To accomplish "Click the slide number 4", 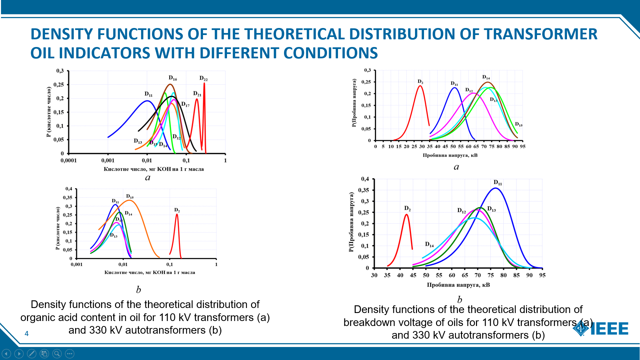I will (x=27, y=334).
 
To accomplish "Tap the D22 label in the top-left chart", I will (x=203, y=78).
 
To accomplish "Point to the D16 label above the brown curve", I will (x=173, y=78).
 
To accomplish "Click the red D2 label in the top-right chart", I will (x=420, y=82).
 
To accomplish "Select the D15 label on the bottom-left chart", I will (x=130, y=196).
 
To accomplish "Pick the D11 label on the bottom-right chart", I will (x=498, y=182).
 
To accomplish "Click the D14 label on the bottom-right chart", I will (x=429, y=244).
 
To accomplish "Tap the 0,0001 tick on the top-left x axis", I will (x=69, y=160).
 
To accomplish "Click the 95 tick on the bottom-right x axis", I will (x=542, y=275).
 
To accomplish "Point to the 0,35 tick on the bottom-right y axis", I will (x=364, y=190).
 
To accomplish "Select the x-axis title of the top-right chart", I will (x=450, y=155).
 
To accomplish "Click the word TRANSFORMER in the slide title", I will (x=540, y=34).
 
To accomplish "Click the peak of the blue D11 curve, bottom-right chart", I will (x=496, y=188).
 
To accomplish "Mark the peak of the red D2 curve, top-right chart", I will (x=420, y=86).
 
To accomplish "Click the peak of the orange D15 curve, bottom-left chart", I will (x=130, y=200).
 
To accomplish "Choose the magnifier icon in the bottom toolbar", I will (x=57, y=354).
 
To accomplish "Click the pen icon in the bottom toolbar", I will (x=32, y=354).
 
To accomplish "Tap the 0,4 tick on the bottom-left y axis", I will (x=69, y=189).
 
